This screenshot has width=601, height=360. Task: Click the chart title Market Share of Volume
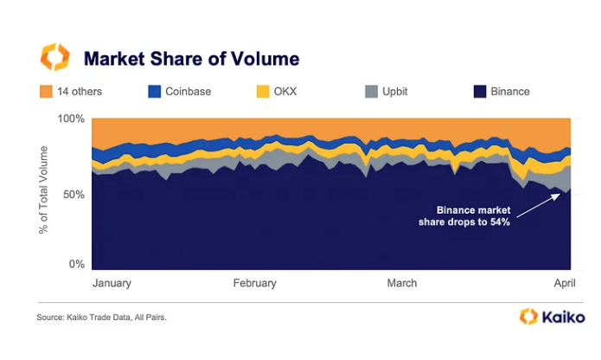pyautogui.click(x=191, y=59)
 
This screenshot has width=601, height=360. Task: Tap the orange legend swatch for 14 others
pyautogui.click(x=47, y=91)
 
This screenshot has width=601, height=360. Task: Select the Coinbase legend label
pyautogui.click(x=189, y=91)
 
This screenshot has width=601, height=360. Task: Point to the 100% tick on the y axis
pyautogui.click(x=72, y=118)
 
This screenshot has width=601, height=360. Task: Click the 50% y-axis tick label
pyautogui.click(x=74, y=194)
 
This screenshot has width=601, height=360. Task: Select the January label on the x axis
pyautogui.click(x=112, y=283)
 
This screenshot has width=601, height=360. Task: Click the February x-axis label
pyautogui.click(x=255, y=283)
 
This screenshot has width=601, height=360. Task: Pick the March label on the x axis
pyautogui.click(x=402, y=283)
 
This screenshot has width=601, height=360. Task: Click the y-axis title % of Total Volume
pyautogui.click(x=46, y=193)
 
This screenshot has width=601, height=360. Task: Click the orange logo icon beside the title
pyautogui.click(x=54, y=58)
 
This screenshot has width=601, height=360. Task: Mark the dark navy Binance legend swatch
pyautogui.click(x=480, y=91)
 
